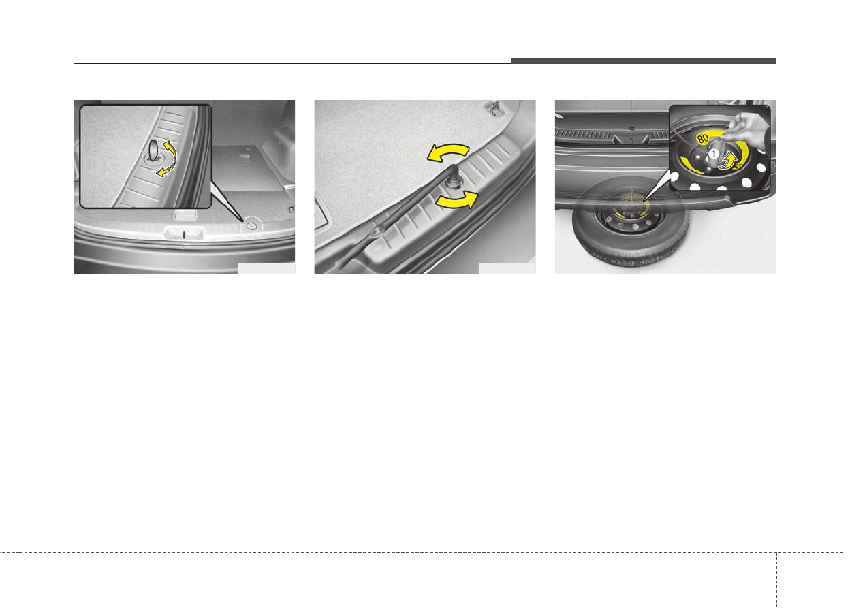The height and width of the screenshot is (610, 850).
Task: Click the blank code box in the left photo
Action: [x=266, y=268]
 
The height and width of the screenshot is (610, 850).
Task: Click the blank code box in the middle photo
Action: [x=507, y=268]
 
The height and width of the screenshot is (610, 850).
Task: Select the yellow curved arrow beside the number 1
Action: [x=729, y=161]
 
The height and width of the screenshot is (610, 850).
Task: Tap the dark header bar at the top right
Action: [x=643, y=61]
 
